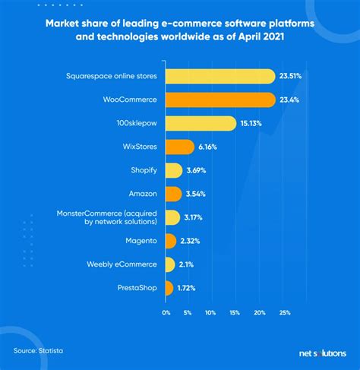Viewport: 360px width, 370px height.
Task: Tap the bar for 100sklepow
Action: coord(199,123)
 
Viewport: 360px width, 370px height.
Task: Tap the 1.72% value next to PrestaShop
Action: coord(188,288)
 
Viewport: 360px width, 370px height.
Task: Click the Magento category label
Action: coord(141,241)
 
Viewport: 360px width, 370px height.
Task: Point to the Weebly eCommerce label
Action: coord(126,264)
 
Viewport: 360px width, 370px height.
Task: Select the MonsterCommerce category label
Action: coord(108,217)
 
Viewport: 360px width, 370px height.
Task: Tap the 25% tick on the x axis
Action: coord(285,311)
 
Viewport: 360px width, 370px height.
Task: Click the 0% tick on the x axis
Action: coord(166,311)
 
